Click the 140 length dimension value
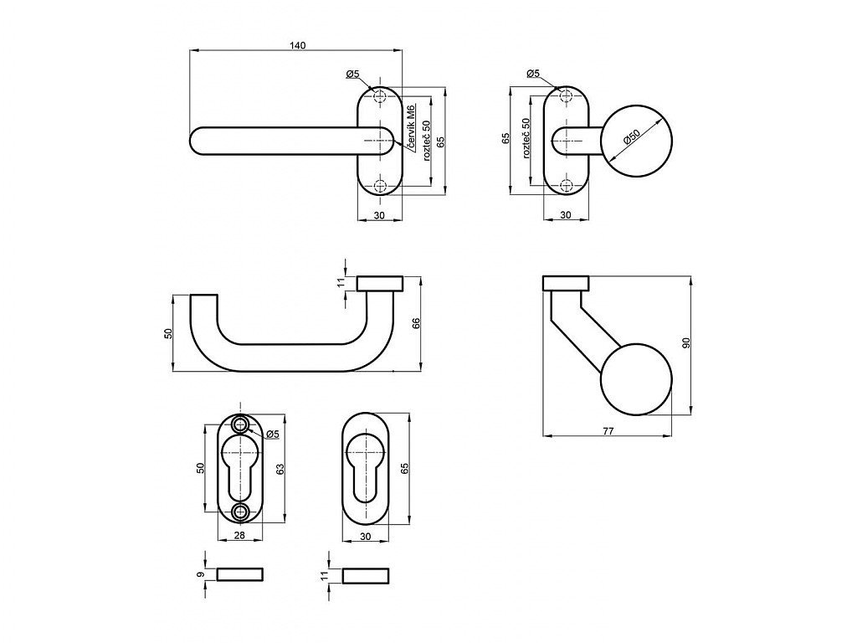click(x=297, y=45)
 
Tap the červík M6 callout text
click(x=413, y=124)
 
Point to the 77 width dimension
click(x=608, y=431)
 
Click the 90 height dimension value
click(x=686, y=342)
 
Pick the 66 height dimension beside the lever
click(x=416, y=323)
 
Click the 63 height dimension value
click(x=280, y=469)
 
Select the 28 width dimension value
click(x=239, y=536)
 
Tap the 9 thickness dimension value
click(x=200, y=574)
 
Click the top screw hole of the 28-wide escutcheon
click(x=240, y=424)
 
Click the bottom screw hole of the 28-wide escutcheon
click(x=240, y=512)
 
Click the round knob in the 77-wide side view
click(x=636, y=379)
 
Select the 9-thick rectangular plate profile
click(x=240, y=574)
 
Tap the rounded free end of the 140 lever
click(x=196, y=141)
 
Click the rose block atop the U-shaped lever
click(x=380, y=284)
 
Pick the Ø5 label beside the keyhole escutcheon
click(x=273, y=435)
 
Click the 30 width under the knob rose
click(x=566, y=215)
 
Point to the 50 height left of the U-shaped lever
click(x=168, y=332)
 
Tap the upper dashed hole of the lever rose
click(x=380, y=97)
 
